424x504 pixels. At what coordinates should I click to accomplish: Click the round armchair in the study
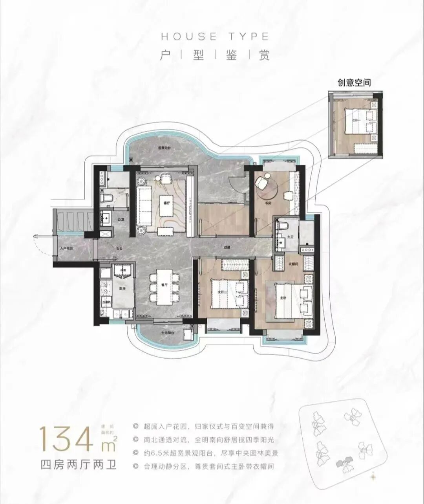coord(261,183)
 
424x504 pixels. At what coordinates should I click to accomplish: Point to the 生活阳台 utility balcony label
coord(167,332)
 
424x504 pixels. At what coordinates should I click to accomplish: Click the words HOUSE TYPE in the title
coord(215,37)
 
